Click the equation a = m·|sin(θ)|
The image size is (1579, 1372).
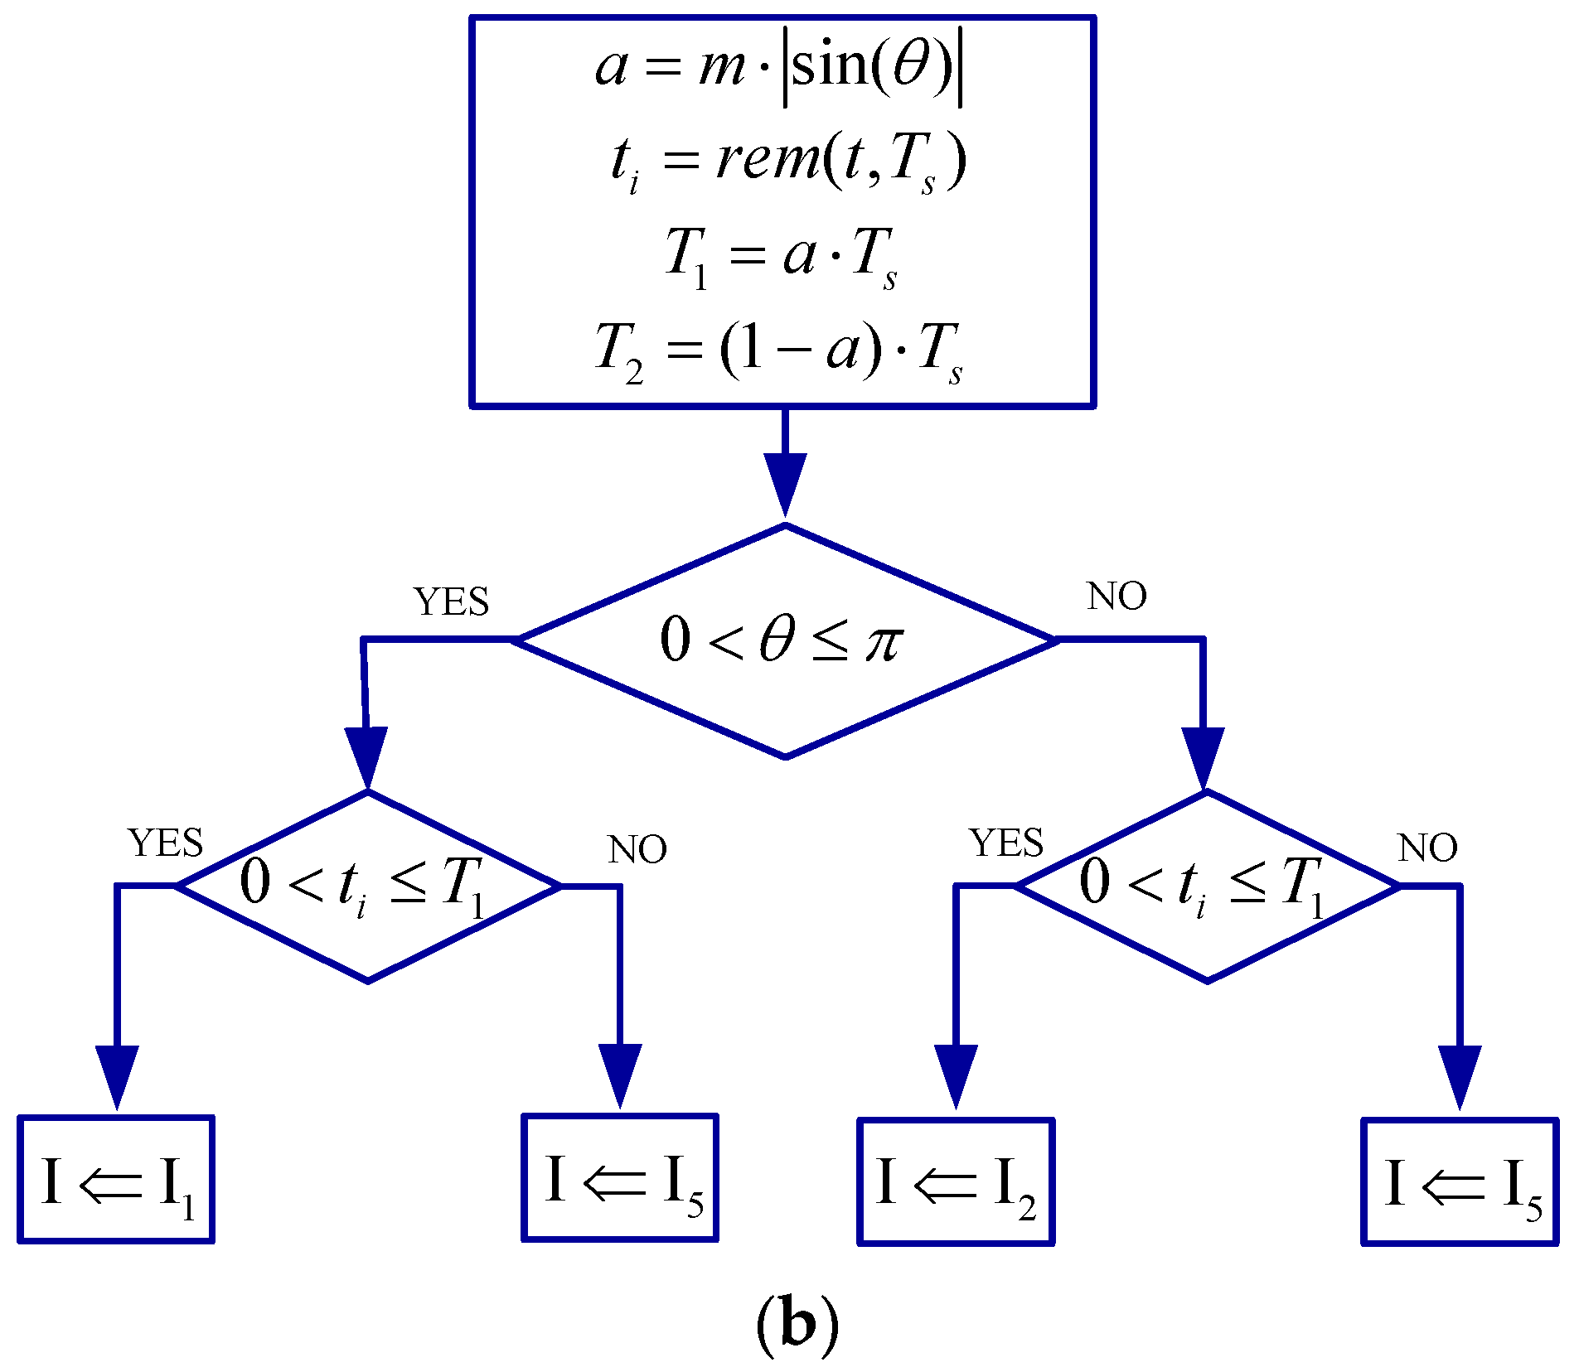pyautogui.click(x=779, y=66)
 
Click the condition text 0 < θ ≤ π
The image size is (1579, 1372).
pyautogui.click(x=781, y=640)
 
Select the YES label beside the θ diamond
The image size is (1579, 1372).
pyautogui.click(x=452, y=601)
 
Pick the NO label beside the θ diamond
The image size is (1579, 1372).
pyautogui.click(x=1116, y=597)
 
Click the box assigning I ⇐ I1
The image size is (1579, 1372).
pyautogui.click(x=116, y=1179)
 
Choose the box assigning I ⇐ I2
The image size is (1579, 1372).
pyautogui.click(x=956, y=1181)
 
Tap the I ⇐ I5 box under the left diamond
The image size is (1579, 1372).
pyautogui.click(x=620, y=1177)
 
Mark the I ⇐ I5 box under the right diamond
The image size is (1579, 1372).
pyautogui.click(x=1460, y=1181)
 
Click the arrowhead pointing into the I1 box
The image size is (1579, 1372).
pyautogui.click(x=117, y=1075)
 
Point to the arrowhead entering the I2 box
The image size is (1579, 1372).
pyautogui.click(x=956, y=1075)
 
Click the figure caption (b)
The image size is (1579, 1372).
pyautogui.click(x=797, y=1323)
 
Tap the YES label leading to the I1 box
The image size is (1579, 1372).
pyautogui.click(x=166, y=843)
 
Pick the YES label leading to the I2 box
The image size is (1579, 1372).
pyautogui.click(x=1006, y=843)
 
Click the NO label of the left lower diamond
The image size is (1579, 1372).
pyautogui.click(x=637, y=850)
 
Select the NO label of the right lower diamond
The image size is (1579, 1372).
pyautogui.click(x=1427, y=848)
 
